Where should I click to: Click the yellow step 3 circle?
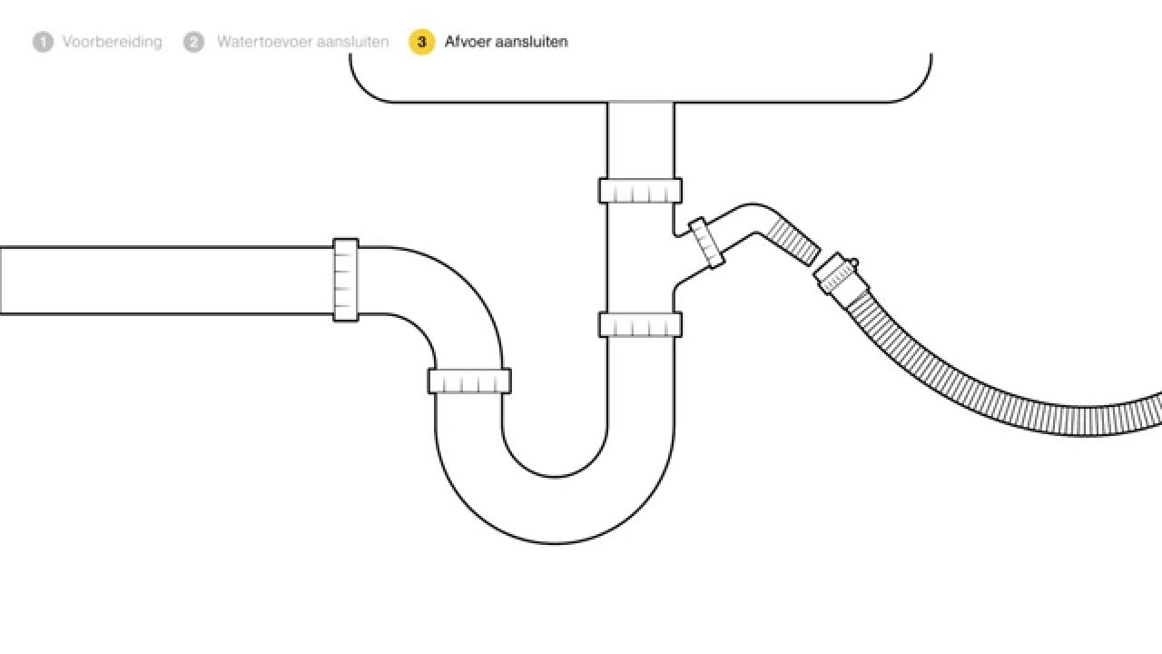tap(421, 42)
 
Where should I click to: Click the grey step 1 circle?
tap(43, 42)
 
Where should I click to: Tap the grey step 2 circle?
tap(193, 42)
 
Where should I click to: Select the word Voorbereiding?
tap(112, 42)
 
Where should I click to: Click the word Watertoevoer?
tap(263, 42)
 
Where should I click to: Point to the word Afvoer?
tap(467, 42)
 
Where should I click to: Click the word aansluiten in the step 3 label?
tap(531, 42)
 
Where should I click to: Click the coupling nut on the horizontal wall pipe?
tap(346, 280)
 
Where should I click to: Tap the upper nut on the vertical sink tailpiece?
tap(640, 191)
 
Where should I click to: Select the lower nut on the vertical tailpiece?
tap(640, 324)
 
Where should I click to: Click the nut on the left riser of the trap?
tap(469, 381)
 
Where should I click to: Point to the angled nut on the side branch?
tap(706, 243)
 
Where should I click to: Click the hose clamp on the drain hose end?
tap(840, 273)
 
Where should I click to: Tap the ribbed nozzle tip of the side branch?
tap(793, 242)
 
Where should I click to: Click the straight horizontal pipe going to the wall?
tap(166, 281)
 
